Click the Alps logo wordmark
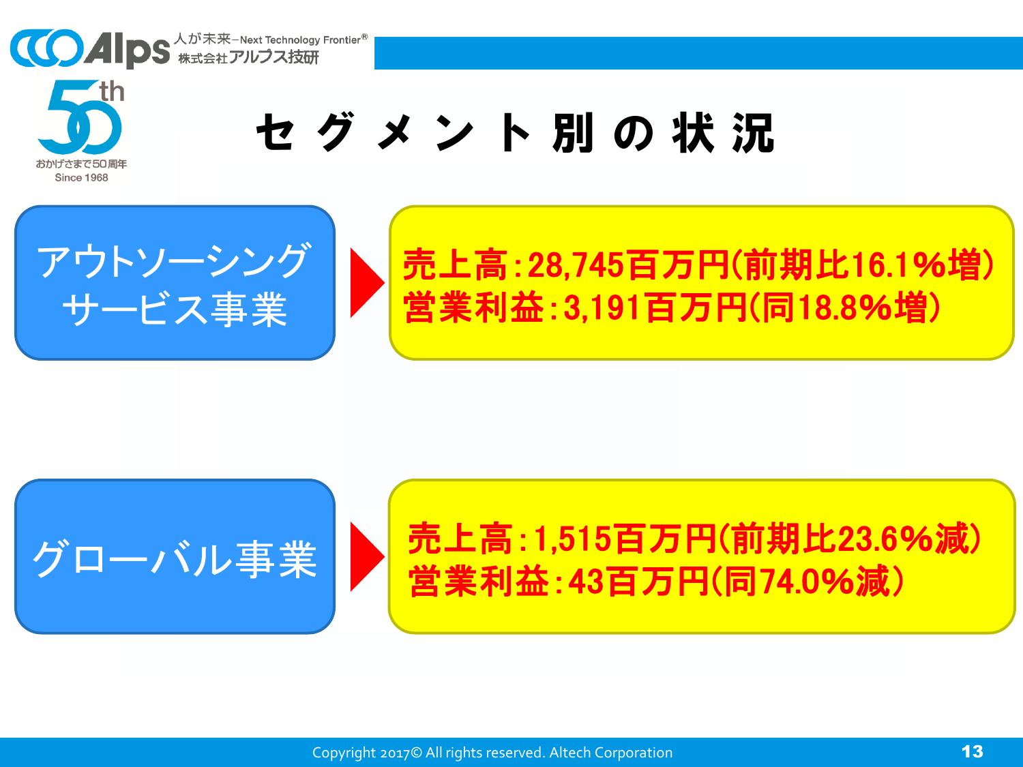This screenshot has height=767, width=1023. (128, 49)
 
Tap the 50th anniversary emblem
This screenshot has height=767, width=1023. (81, 131)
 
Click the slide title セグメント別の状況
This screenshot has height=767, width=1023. (516, 133)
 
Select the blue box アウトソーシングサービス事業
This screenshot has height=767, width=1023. (175, 283)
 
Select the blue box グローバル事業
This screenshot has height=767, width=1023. (175, 556)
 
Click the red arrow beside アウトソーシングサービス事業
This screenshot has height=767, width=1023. (367, 283)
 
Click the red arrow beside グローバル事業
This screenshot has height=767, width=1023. (367, 556)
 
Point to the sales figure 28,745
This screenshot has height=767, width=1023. (575, 265)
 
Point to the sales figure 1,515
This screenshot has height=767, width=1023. (572, 539)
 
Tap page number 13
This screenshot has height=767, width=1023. (973, 751)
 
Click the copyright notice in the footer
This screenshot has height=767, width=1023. (492, 753)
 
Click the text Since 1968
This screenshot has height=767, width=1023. (82, 177)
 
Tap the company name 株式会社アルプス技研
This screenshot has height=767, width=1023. (248, 57)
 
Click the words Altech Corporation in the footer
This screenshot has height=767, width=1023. (611, 753)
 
